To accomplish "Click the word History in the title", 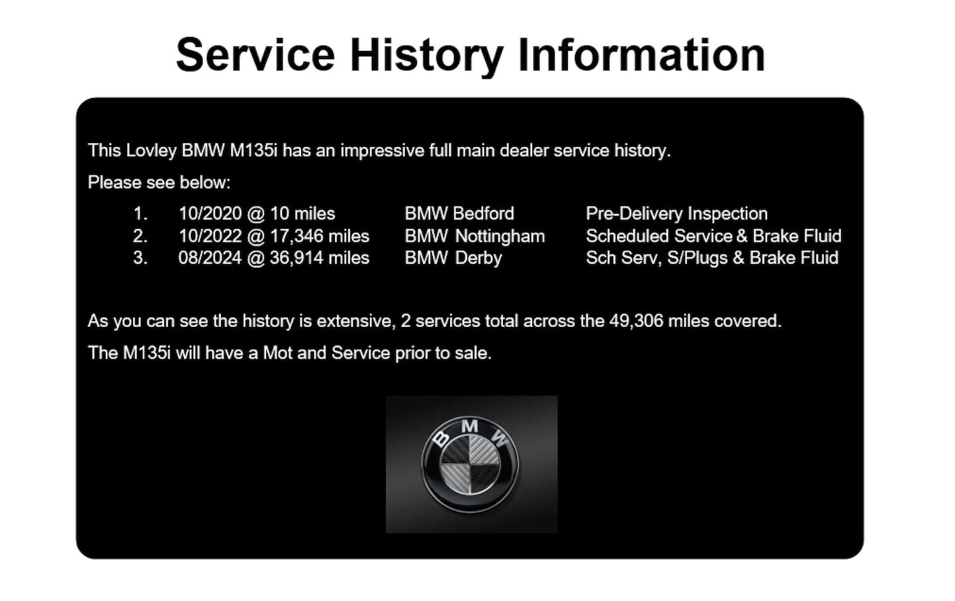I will click(x=426, y=55).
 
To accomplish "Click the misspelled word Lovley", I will click(x=151, y=151).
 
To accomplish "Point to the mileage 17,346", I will click(x=296, y=236).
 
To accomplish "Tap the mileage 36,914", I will click(x=296, y=258).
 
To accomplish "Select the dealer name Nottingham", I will click(x=500, y=236).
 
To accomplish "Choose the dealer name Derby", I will click(x=479, y=258).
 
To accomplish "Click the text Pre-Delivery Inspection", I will click(x=676, y=214).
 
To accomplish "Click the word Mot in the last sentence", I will click(x=278, y=353).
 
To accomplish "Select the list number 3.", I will click(x=140, y=258).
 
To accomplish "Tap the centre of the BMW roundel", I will click(x=470, y=464).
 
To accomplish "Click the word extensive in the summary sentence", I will click(x=353, y=321).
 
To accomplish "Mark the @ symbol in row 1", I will click(x=256, y=214).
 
